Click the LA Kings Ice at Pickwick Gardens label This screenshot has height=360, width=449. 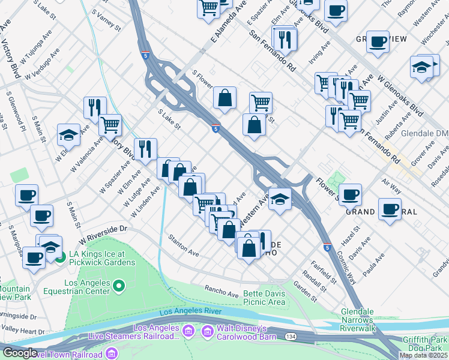101,257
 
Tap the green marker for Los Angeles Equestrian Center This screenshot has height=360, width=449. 119,286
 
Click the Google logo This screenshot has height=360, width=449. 20,353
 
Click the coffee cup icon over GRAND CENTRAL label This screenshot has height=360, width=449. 390,209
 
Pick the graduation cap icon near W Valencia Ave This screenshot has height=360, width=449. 69,134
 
